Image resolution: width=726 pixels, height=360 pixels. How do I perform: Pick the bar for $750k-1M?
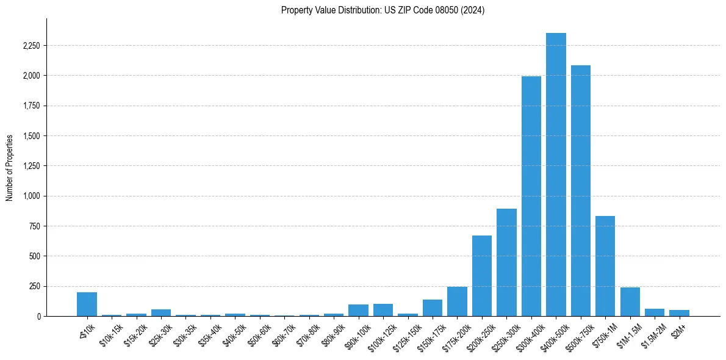(x=605, y=266)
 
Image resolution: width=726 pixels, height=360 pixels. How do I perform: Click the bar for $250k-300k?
(x=506, y=262)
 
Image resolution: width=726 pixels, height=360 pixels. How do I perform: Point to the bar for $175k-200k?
(x=457, y=301)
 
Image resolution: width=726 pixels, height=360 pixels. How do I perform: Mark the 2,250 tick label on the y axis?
(x=31, y=46)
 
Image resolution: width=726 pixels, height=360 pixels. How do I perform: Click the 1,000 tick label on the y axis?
(x=31, y=196)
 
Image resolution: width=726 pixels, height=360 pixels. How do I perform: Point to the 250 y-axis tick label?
(x=35, y=286)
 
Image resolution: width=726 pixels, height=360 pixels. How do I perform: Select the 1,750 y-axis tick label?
(x=31, y=106)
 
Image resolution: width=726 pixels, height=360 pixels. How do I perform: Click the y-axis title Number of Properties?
(x=10, y=168)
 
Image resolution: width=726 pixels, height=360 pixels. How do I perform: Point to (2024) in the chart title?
(x=475, y=10)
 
